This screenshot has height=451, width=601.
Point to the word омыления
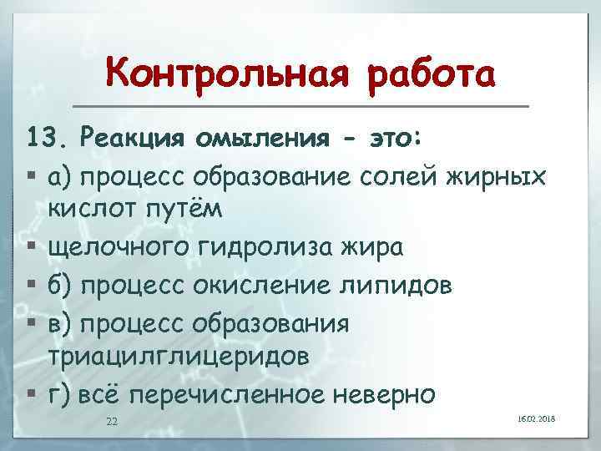[272, 139]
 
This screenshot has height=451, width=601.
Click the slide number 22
[112, 421]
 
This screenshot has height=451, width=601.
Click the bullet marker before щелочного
[30, 248]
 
